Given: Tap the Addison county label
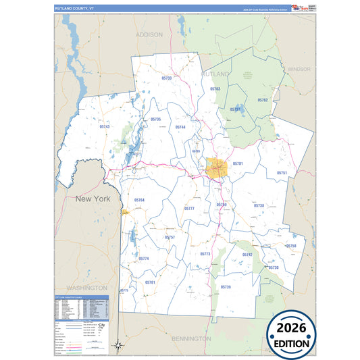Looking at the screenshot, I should pyautogui.click(x=149, y=34).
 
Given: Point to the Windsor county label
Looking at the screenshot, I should pyautogui.click(x=298, y=69).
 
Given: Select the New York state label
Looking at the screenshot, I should pyautogui.click(x=93, y=199).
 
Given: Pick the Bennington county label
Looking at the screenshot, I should pyautogui.click(x=192, y=337).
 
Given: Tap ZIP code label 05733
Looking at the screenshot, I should pyautogui.click(x=167, y=78).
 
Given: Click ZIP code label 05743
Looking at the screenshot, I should pyautogui.click(x=104, y=126).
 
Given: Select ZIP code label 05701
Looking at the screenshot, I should pyautogui.click(x=238, y=163).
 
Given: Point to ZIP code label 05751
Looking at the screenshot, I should pyautogui.click(x=282, y=173).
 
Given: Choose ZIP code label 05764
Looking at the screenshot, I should pyautogui.click(x=139, y=200).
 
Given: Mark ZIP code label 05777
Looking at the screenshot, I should pyautogui.click(x=189, y=209).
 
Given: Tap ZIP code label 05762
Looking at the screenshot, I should pyautogui.click(x=263, y=100).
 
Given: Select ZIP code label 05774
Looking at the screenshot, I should pyautogui.click(x=144, y=259).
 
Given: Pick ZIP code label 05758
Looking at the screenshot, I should pyautogui.click(x=291, y=246).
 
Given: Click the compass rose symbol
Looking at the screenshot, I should pyautogui.click(x=118, y=345).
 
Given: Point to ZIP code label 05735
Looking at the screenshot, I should pyautogui.click(x=156, y=119).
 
